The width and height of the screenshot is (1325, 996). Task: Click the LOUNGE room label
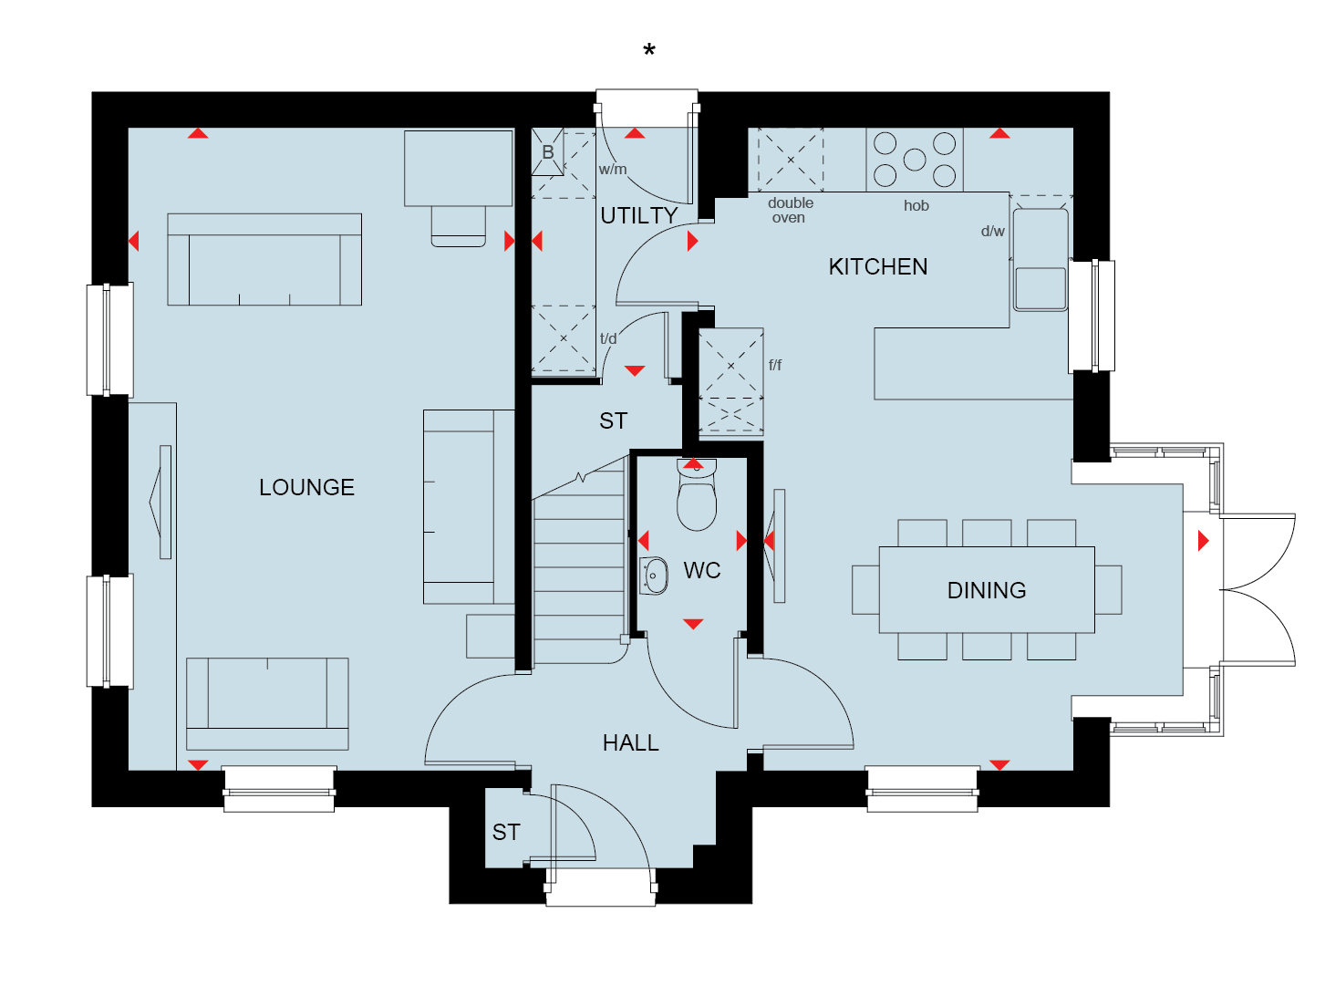coord(306,487)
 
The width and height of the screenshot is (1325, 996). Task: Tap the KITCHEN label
coord(877,267)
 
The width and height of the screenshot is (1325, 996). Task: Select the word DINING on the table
coord(987,590)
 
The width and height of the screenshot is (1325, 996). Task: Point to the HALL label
coord(631,743)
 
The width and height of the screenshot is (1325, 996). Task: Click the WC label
coord(702,570)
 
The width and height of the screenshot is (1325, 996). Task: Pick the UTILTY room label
coord(639,215)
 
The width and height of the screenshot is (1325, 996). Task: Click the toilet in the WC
coord(697,494)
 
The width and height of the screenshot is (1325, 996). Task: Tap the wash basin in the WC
coord(654,576)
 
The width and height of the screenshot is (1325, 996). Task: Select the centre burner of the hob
coord(915,160)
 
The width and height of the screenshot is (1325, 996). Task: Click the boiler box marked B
coord(547,151)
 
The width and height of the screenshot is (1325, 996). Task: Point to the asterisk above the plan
coord(649,50)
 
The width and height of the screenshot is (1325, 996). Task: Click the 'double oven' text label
coord(791,210)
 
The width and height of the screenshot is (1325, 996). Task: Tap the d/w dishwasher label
coord(992,231)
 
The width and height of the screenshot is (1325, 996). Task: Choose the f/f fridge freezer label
coord(775,365)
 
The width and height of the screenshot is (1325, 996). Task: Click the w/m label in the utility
coord(612,170)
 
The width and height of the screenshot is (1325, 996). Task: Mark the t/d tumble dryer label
coord(608,338)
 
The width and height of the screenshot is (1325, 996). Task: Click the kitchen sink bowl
coord(1040,288)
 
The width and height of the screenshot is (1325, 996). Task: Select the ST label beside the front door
coord(506,833)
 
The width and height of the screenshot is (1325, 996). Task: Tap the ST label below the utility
coord(614,420)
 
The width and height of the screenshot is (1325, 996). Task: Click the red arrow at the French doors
coord(1203,541)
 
